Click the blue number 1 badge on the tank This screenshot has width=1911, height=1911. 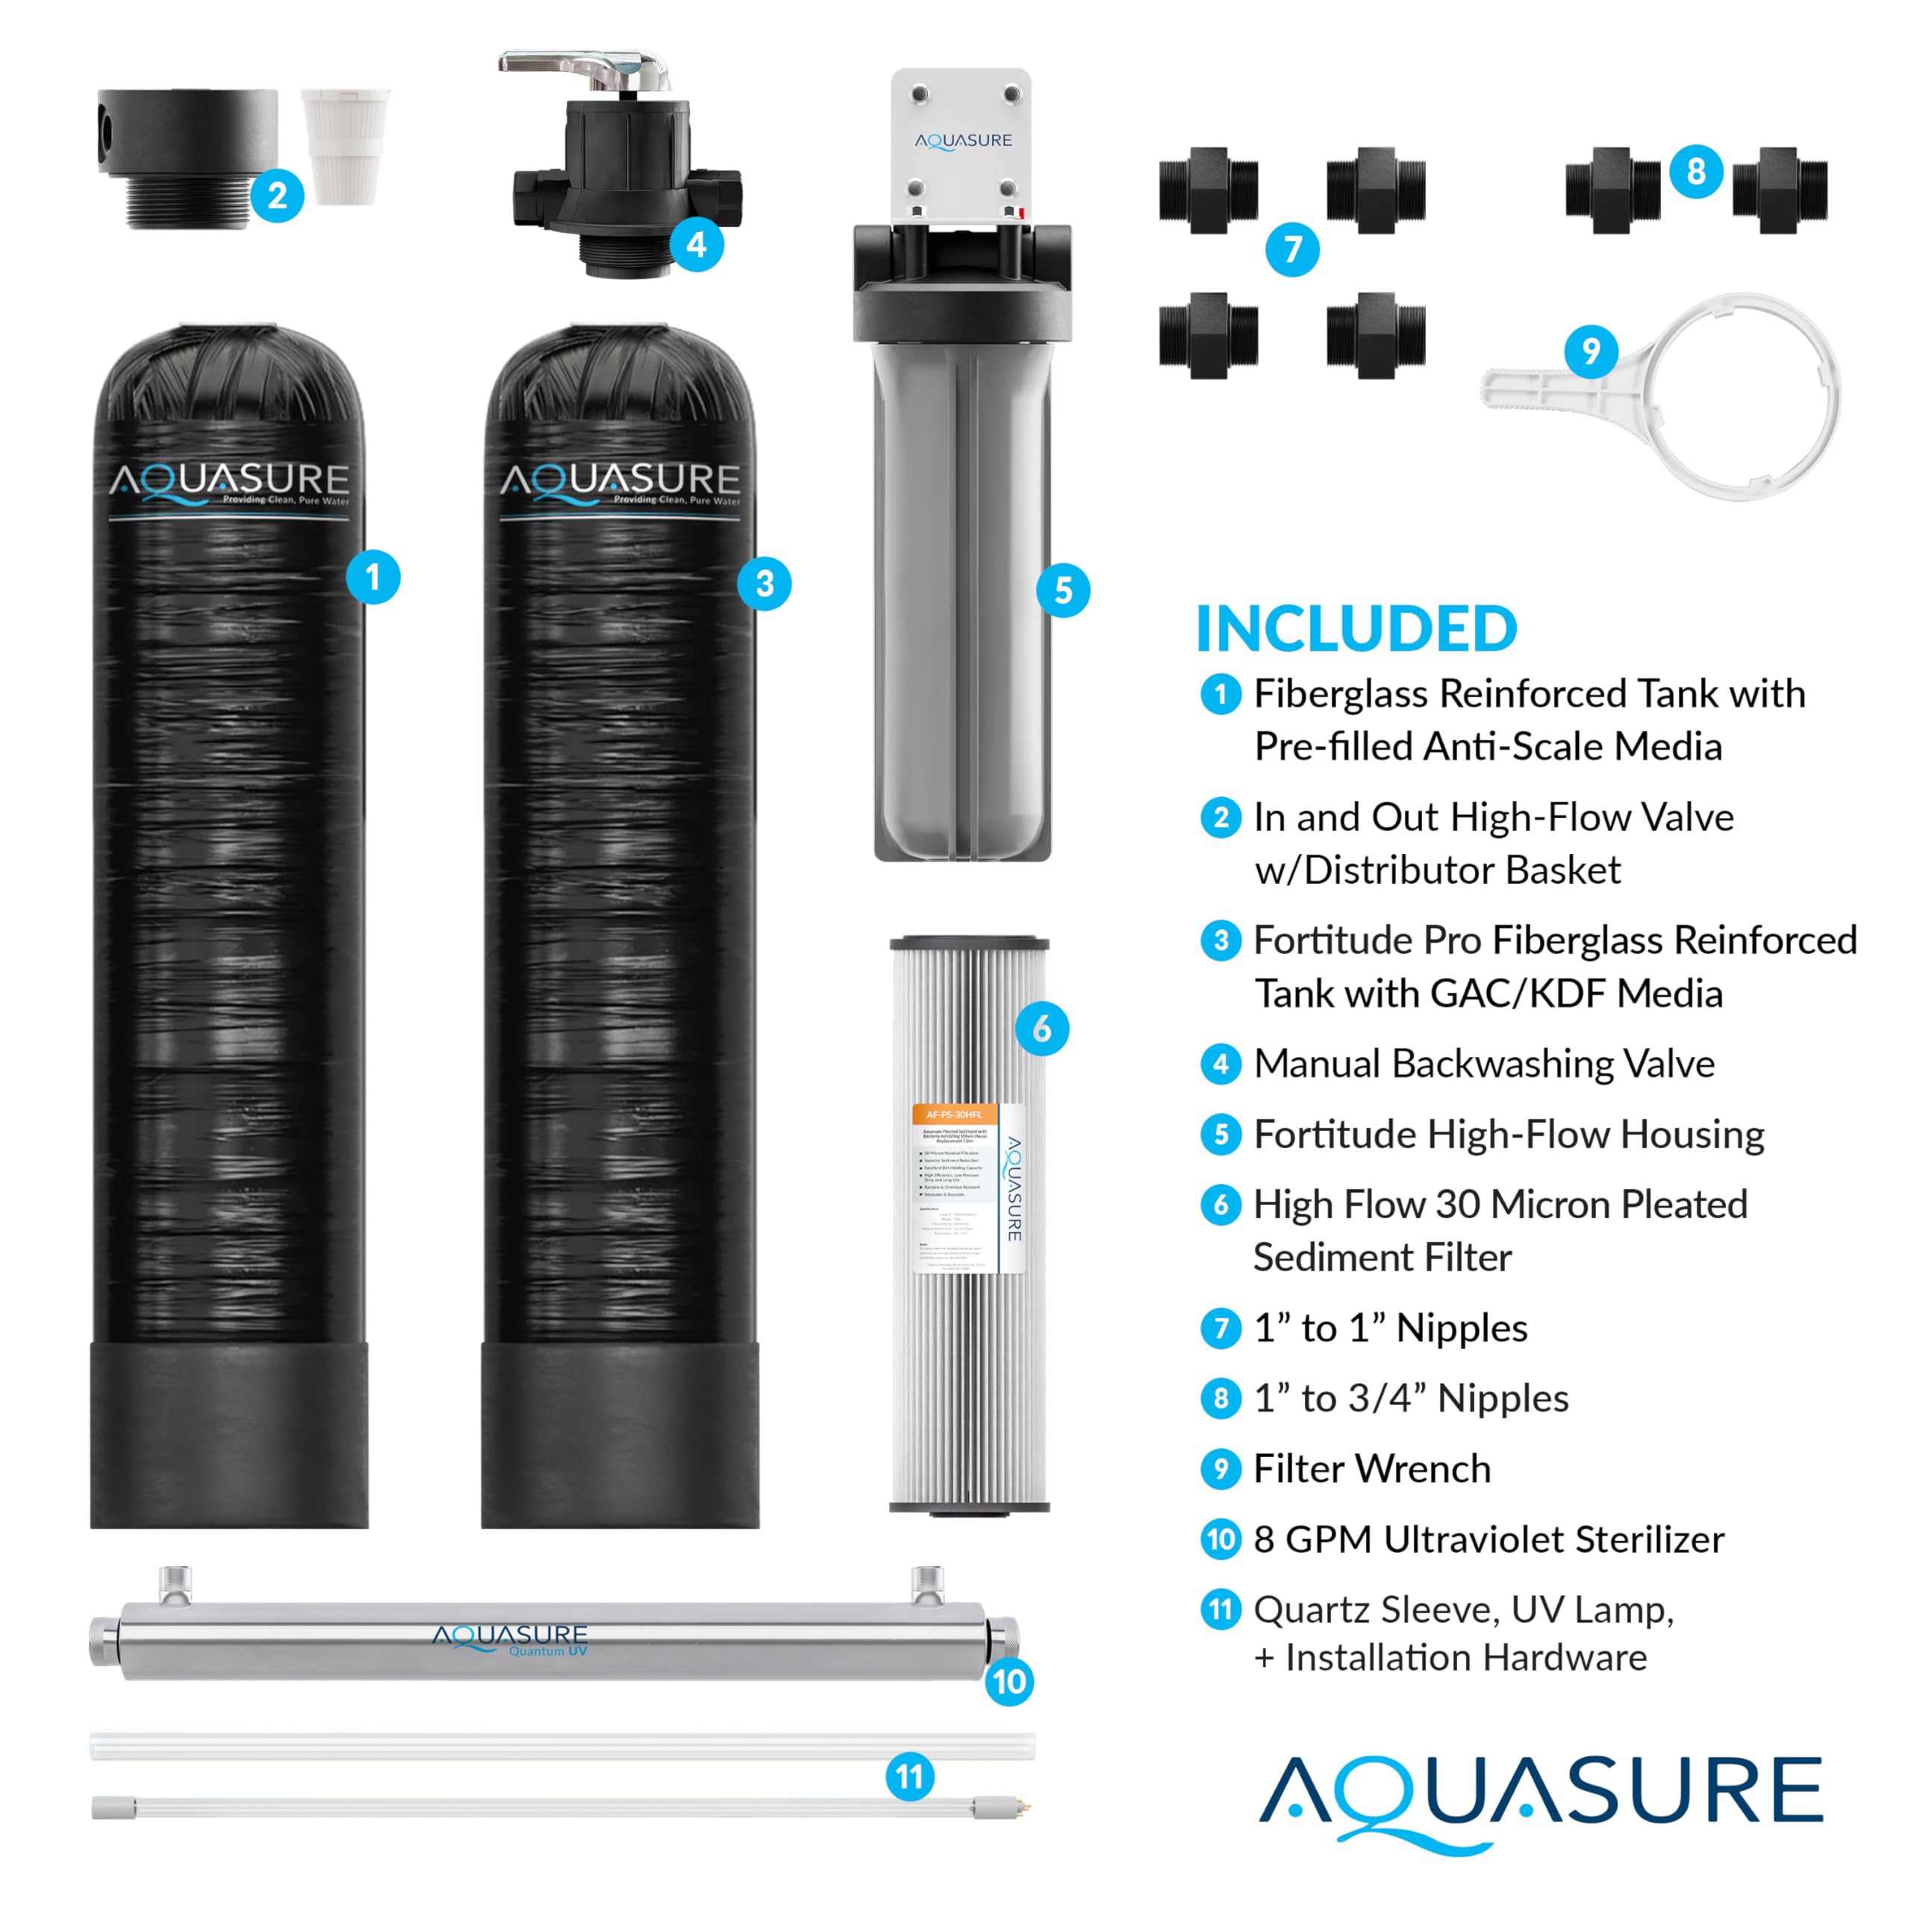(x=373, y=577)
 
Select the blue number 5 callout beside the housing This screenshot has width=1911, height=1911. (x=1063, y=590)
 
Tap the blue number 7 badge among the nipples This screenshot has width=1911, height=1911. (x=1292, y=249)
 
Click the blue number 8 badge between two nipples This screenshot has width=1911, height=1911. (x=1696, y=171)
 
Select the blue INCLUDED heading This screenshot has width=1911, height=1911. (x=1356, y=629)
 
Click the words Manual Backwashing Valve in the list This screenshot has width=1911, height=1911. (x=1484, y=1063)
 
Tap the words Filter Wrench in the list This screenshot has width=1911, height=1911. (x=1371, y=1469)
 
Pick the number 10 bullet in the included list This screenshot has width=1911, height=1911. (x=1221, y=1539)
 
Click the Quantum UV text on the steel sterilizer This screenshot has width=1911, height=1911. (x=548, y=1651)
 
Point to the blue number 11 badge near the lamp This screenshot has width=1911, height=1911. (x=910, y=1777)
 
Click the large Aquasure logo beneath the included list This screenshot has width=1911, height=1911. (x=1540, y=1798)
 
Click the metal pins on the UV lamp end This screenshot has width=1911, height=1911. (x=1026, y=1807)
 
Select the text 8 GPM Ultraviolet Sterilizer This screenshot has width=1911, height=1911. (x=1488, y=1539)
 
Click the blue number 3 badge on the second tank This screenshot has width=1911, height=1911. (x=764, y=584)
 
